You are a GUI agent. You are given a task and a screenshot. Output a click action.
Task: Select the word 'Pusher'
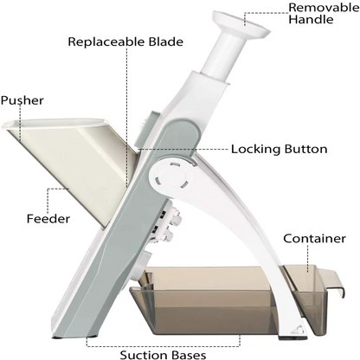click(x=22, y=100)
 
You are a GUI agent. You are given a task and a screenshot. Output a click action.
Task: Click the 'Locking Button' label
click(x=279, y=149)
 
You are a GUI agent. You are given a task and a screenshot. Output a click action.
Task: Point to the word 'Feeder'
click(x=48, y=218)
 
